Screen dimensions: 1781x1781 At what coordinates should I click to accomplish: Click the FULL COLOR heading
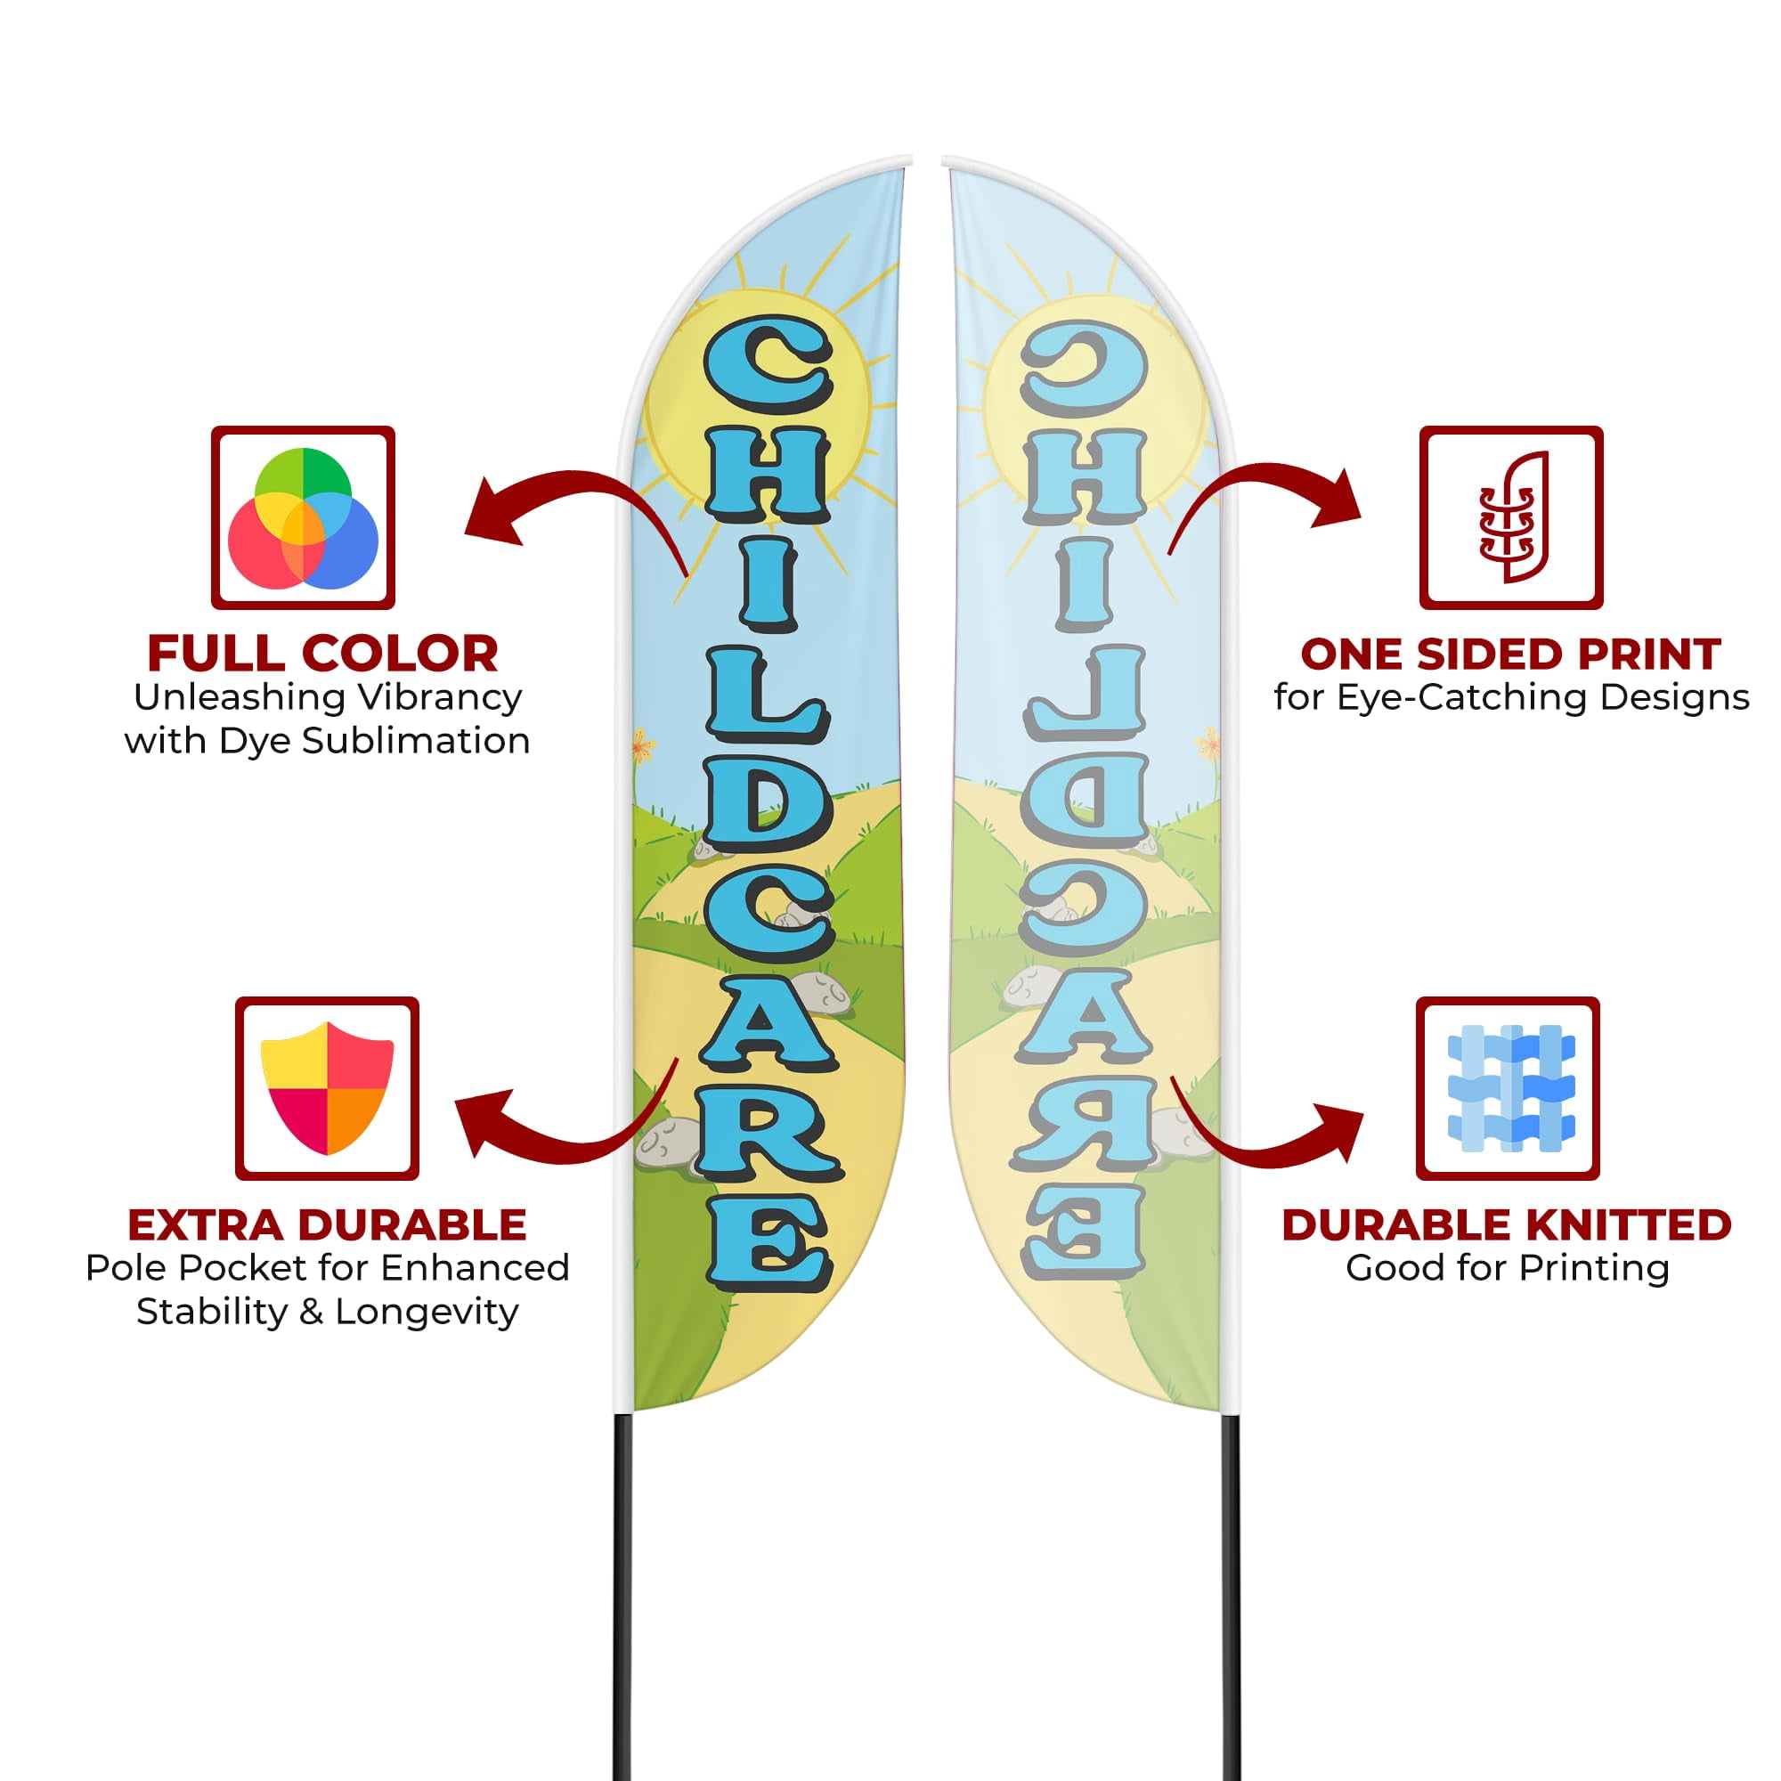(x=322, y=655)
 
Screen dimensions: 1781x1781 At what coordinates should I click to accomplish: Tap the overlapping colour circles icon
(x=304, y=518)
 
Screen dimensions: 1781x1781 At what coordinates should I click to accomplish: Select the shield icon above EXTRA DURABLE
(x=327, y=1088)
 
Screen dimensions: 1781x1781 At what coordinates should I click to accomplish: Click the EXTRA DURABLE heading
(x=327, y=1225)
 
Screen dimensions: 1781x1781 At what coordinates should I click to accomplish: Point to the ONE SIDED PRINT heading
(x=1511, y=655)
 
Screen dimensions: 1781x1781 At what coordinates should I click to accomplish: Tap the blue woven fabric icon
(x=1511, y=1088)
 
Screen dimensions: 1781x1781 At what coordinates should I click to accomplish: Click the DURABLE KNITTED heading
(x=1508, y=1225)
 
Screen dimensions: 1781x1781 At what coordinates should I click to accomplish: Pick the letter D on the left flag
(x=767, y=810)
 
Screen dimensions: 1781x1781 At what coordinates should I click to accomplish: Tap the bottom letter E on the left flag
(x=767, y=1240)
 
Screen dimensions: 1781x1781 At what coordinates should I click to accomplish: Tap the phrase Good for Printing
(x=1508, y=1268)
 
